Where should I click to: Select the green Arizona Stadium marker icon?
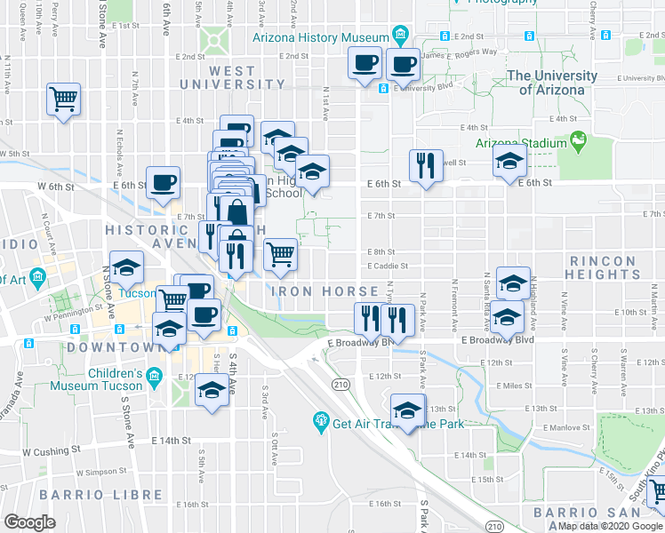580,140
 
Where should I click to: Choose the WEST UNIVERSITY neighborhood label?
233,77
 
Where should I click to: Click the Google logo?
30,522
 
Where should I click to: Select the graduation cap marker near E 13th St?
408,410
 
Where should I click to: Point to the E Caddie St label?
389,265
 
